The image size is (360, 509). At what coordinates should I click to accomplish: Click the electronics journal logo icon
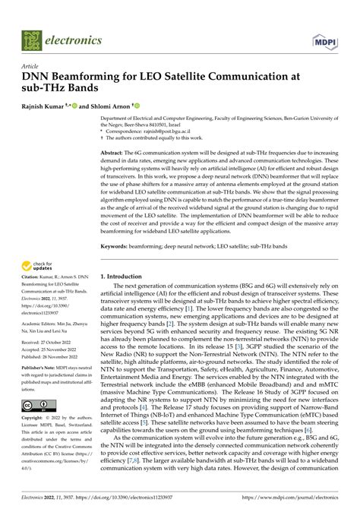tap(33, 40)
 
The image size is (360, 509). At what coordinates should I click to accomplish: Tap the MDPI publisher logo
tap(324, 40)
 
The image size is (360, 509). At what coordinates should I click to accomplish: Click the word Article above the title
tap(32, 67)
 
